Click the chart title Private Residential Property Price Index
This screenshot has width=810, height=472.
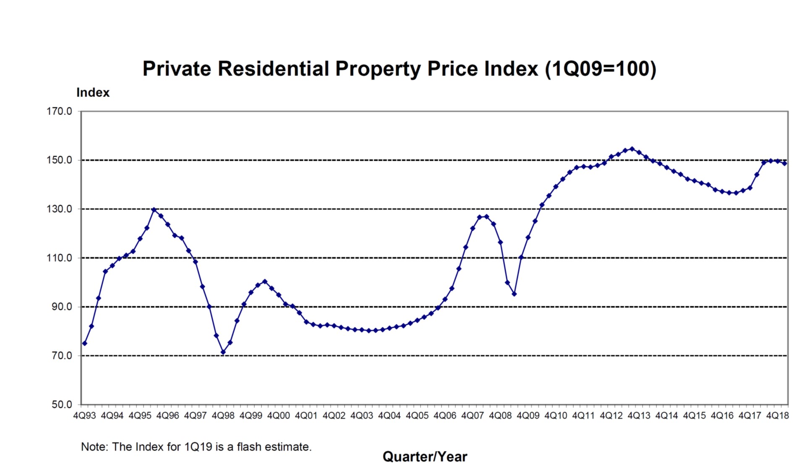(399, 69)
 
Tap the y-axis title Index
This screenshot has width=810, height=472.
(93, 93)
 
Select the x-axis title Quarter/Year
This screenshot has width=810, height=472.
(425, 456)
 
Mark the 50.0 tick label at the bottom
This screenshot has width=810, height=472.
(62, 404)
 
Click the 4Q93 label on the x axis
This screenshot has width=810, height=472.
(85, 416)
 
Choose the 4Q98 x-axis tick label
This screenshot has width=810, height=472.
(223, 416)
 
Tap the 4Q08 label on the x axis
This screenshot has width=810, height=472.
(500, 416)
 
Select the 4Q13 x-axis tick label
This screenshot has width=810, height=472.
(639, 416)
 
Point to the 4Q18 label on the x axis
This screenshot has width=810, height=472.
(777, 416)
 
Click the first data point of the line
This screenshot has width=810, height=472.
(85, 343)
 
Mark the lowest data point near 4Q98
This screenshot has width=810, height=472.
(223, 352)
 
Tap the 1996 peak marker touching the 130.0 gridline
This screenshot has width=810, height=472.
(154, 209)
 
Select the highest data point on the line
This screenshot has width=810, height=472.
(632, 149)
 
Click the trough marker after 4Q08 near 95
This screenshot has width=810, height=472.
(514, 294)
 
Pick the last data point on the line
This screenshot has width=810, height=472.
(784, 164)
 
